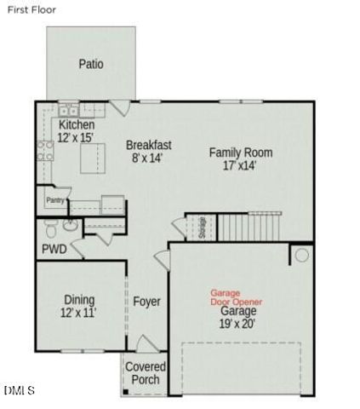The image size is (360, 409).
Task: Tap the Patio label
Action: (91, 64)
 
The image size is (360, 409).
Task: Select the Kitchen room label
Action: (76, 125)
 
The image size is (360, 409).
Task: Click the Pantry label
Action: (55, 200)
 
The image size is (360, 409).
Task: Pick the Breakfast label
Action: (149, 145)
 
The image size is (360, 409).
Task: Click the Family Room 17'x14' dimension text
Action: (240, 166)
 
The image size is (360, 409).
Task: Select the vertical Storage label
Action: (202, 228)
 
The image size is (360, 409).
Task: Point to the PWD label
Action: (54, 250)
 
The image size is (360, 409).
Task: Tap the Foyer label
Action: (146, 302)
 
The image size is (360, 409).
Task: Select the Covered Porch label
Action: (146, 372)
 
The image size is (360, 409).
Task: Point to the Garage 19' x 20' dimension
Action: (238, 324)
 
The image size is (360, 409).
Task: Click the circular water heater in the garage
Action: (301, 255)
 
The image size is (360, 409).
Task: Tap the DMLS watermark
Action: (19, 391)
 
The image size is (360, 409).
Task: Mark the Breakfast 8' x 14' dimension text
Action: (147, 158)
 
